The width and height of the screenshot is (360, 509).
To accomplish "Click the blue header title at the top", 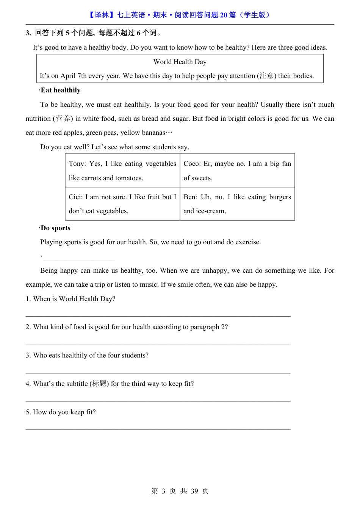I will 180,15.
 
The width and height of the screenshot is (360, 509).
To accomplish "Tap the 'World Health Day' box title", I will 180,62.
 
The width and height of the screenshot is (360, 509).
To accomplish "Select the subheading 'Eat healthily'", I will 61,90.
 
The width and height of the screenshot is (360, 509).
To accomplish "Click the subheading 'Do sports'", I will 55,228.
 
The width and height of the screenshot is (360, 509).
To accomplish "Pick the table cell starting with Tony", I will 122,170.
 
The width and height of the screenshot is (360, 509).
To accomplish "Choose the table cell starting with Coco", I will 237,170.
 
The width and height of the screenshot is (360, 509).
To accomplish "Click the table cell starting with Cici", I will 122,204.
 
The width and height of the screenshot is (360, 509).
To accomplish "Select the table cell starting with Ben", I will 237,204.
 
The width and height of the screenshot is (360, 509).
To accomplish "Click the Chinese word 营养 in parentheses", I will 63,119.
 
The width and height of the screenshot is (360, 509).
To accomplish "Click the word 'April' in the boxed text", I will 68,76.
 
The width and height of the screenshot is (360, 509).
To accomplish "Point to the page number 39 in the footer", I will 194,491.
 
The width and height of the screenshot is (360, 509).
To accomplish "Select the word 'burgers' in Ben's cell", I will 280,197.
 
